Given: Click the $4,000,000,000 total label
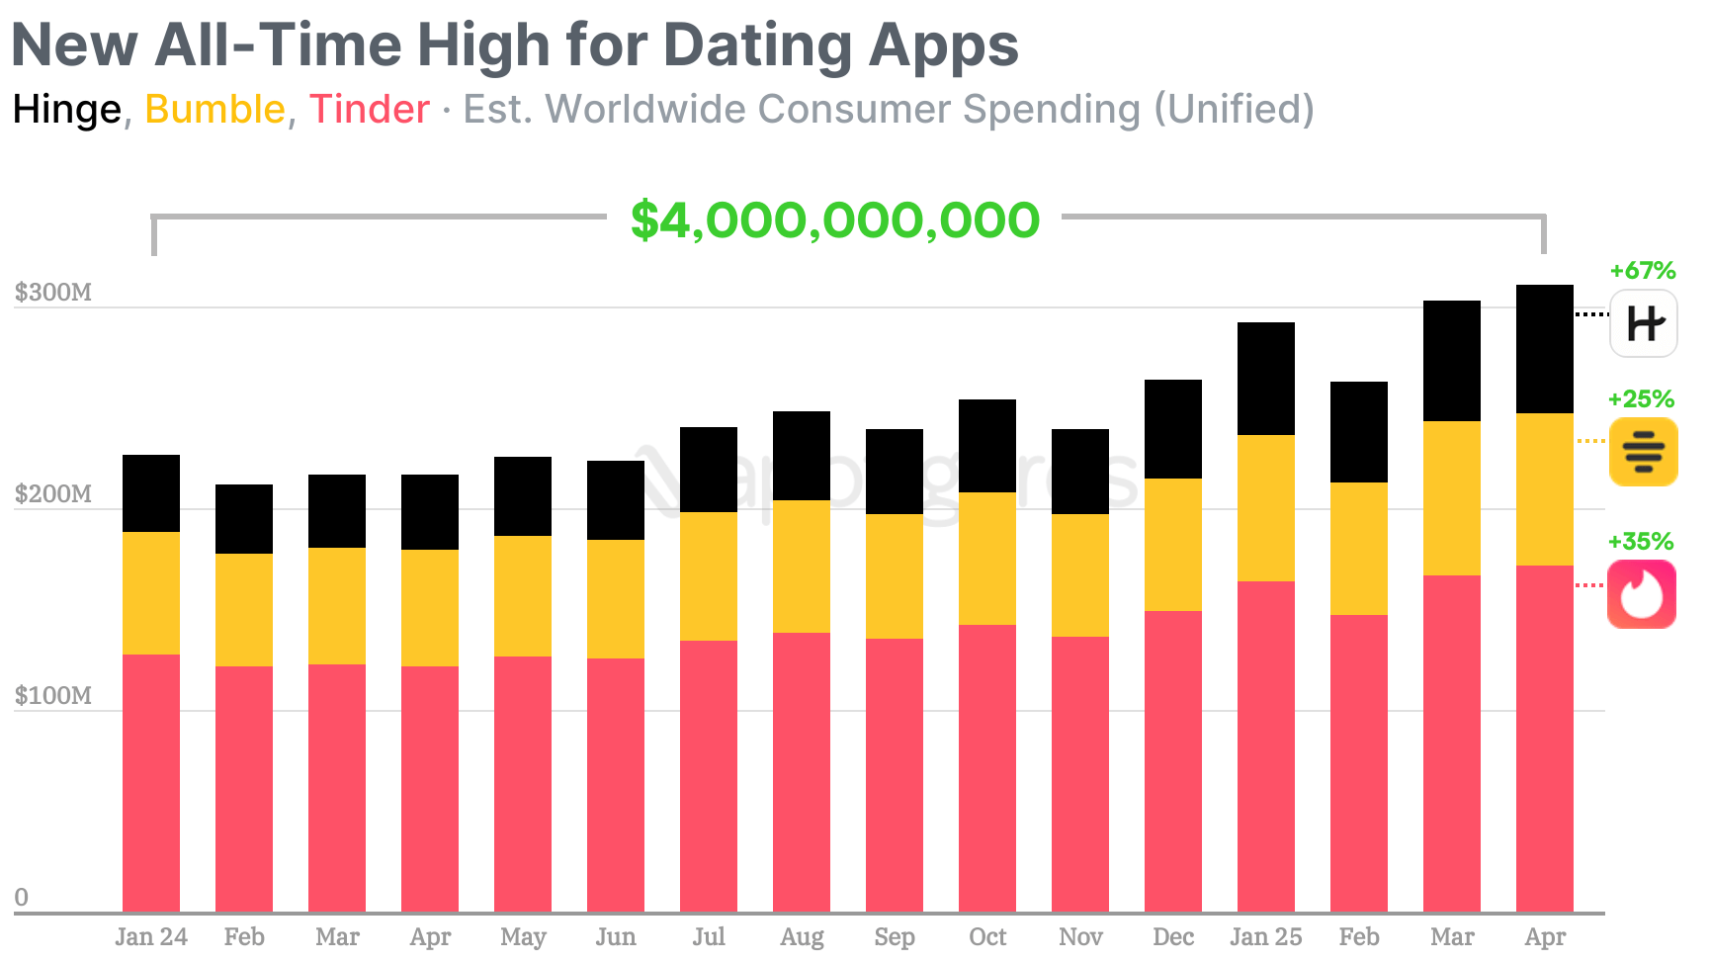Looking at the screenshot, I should (x=835, y=220).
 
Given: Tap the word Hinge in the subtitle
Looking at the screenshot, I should (x=66, y=110).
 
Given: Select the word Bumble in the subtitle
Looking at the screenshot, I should (x=214, y=110).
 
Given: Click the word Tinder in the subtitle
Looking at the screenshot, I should (x=369, y=110).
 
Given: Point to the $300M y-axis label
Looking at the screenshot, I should (x=53, y=293).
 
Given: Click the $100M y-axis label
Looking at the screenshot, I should (x=53, y=696).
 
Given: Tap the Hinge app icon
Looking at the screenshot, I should (x=1643, y=323).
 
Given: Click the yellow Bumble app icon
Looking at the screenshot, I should (x=1643, y=452).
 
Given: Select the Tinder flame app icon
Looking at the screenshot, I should (x=1642, y=594).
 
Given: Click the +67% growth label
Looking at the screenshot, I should (x=1642, y=271).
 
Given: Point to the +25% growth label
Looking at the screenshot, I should (x=1641, y=399).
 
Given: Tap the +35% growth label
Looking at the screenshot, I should (x=1641, y=542).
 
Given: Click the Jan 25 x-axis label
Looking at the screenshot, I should (x=1265, y=936).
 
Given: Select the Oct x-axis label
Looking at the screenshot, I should (x=987, y=936).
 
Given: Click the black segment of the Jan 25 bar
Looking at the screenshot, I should (x=1266, y=379).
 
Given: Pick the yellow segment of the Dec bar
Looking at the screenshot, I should (x=1173, y=545).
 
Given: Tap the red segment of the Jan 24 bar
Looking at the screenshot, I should (x=151, y=781).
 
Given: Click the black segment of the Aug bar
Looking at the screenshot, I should (x=802, y=456).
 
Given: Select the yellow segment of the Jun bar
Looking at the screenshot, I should (x=616, y=599).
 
